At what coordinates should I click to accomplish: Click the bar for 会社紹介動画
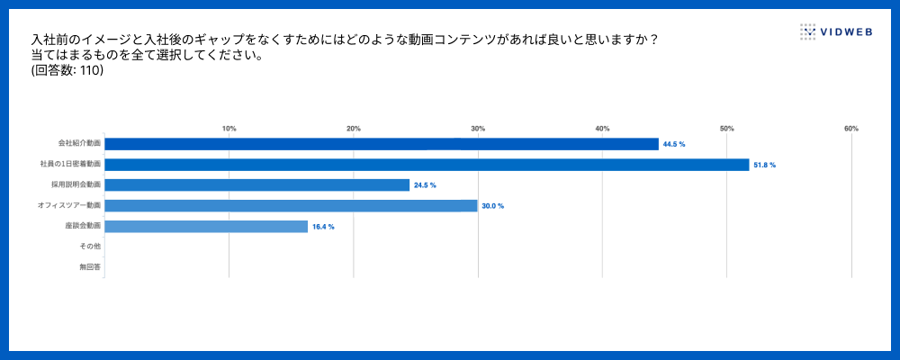(382, 144)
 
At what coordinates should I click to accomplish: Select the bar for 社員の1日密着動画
(427, 165)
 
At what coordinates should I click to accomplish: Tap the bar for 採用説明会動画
(256, 185)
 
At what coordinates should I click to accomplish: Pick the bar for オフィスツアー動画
(291, 206)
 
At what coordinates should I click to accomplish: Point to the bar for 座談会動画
(206, 227)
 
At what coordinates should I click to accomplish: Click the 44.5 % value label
(674, 144)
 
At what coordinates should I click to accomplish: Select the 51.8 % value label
(764, 165)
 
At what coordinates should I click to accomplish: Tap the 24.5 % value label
(425, 185)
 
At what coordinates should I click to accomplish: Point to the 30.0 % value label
(493, 206)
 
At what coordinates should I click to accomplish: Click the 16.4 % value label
(323, 227)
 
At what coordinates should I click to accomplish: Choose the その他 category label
(90, 247)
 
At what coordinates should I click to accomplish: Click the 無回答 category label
(90, 267)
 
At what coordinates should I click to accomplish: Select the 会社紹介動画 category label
(79, 144)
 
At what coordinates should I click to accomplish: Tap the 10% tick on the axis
(229, 129)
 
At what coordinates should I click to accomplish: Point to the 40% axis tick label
(602, 129)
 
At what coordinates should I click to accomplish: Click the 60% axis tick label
(851, 129)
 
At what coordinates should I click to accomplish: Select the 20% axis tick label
(354, 129)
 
